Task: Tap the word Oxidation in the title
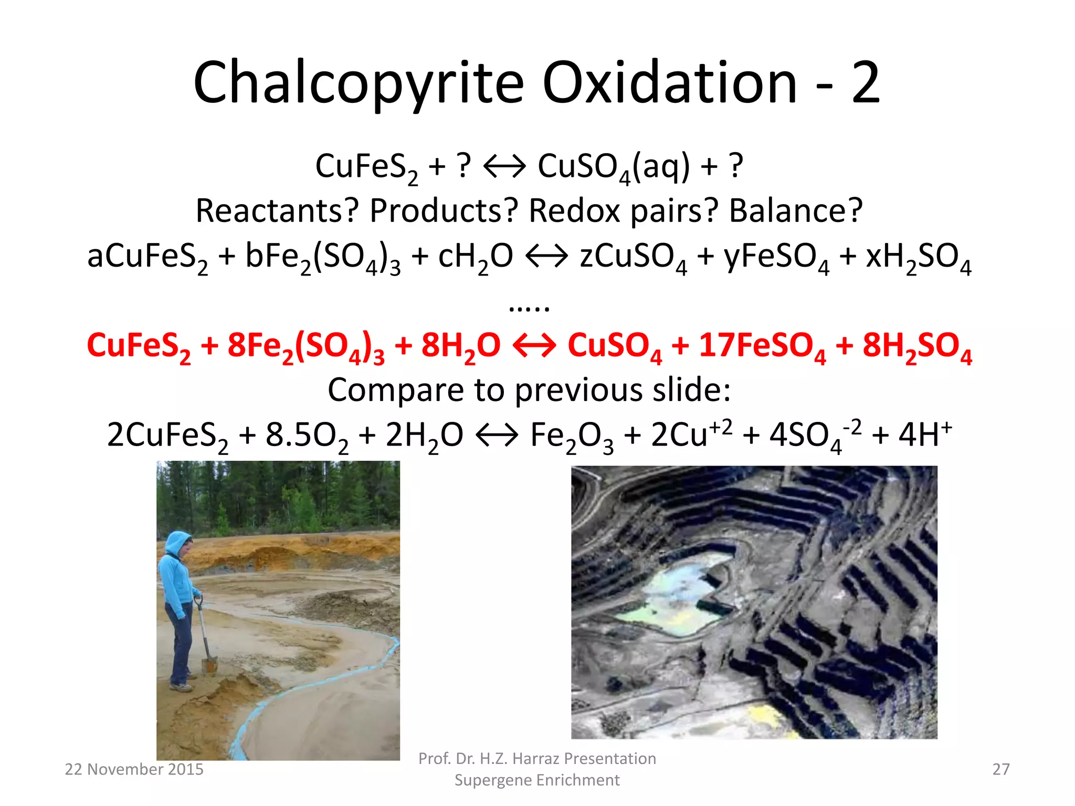click(669, 83)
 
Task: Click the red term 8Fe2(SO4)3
click(306, 347)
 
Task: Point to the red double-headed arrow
click(534, 346)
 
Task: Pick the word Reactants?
click(277, 211)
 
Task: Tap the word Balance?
click(796, 211)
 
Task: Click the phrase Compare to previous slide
click(529, 390)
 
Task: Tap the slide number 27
click(1000, 769)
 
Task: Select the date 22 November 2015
click(134, 769)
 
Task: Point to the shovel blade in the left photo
click(209, 665)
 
